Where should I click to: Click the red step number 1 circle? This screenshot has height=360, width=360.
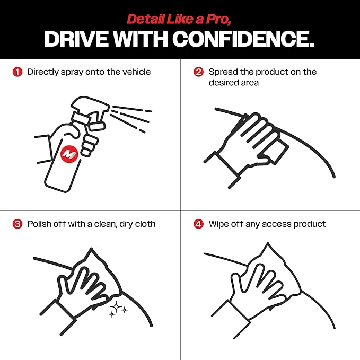point(17,72)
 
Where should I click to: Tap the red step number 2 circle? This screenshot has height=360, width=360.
point(198,72)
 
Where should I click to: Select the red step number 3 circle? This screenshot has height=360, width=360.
point(17,224)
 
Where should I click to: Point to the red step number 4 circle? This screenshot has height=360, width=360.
point(198,224)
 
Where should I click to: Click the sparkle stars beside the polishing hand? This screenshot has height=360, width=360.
point(117,310)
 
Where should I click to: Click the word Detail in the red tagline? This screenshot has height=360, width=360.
point(143,19)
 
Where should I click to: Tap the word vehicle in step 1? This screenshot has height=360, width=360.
point(136,72)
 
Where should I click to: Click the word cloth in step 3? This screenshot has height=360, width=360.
point(144,224)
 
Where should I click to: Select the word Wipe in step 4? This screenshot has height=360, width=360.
point(219,224)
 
